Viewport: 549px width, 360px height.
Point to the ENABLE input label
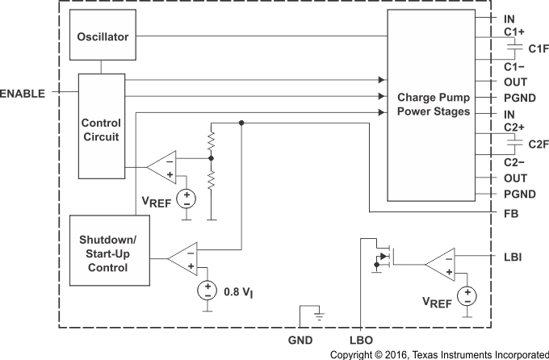pos(23,94)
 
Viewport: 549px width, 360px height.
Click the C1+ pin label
pos(514,33)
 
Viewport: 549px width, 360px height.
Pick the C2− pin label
pos(514,161)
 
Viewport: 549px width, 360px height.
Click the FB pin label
pos(509,215)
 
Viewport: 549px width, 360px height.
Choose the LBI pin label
pos(511,257)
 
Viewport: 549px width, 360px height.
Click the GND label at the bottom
pos(300,341)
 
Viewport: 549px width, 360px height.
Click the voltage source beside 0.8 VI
pos(207,290)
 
